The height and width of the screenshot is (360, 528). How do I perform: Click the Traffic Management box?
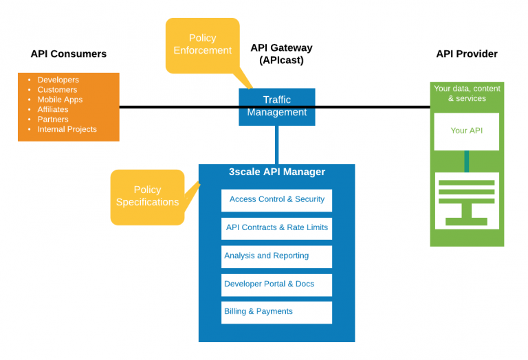(277, 106)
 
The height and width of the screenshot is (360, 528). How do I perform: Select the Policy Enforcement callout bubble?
(202, 45)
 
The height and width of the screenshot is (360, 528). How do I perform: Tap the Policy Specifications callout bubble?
(147, 196)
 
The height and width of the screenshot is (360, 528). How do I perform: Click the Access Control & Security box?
(276, 199)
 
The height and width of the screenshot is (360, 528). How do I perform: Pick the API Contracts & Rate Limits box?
(276, 228)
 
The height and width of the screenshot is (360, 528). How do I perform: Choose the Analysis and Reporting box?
(276, 256)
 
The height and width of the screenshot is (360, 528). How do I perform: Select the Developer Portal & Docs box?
(276, 284)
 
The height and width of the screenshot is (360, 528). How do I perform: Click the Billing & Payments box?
(276, 312)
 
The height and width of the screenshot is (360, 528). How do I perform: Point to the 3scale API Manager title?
(276, 172)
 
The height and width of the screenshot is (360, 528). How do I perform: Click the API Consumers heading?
(69, 54)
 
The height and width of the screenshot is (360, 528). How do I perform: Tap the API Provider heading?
(467, 54)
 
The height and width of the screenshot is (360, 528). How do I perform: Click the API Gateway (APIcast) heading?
(281, 54)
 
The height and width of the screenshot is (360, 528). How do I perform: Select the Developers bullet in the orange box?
(58, 80)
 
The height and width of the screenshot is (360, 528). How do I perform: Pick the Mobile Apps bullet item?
(60, 100)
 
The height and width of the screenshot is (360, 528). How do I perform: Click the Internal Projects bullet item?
(67, 129)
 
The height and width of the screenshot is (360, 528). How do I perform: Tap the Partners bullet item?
(53, 120)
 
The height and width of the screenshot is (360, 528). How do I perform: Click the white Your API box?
(466, 131)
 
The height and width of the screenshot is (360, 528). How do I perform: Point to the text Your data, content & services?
(467, 93)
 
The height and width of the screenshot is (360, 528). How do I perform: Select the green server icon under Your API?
(466, 199)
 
